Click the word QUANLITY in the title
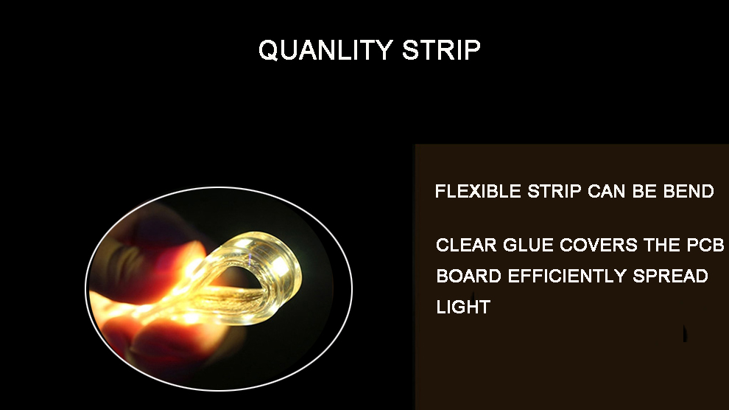pyautogui.click(x=325, y=50)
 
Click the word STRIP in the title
pyautogui.click(x=441, y=50)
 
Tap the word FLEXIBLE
pyautogui.click(x=478, y=191)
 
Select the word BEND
pyautogui.click(x=688, y=191)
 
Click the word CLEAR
pyautogui.click(x=466, y=246)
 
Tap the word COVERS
pyautogui.click(x=599, y=246)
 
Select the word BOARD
pyautogui.click(x=468, y=276)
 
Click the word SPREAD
pyautogui.click(x=670, y=276)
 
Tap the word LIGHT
pyautogui.click(x=463, y=307)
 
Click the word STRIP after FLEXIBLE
pyautogui.click(x=554, y=191)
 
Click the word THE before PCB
pyautogui.click(x=662, y=246)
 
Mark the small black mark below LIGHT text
pyautogui.click(x=685, y=333)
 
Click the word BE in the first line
pyautogui.click(x=644, y=191)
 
